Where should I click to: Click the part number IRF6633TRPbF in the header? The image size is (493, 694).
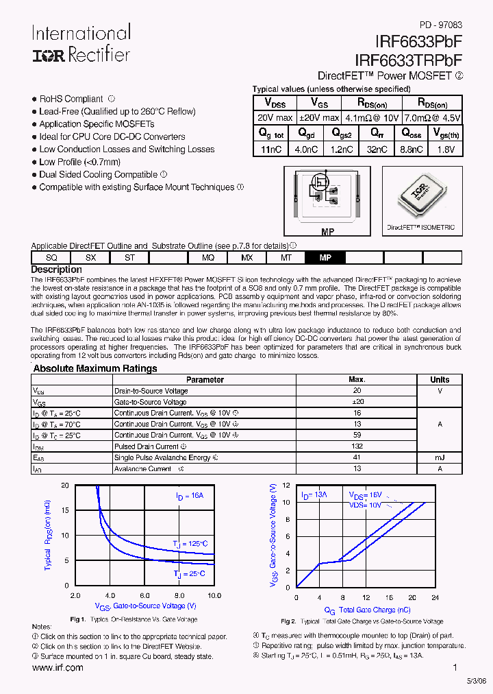408,60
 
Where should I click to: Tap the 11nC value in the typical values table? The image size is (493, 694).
271,149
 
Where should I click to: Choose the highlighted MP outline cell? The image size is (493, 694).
326,257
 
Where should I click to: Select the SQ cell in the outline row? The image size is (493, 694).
51,257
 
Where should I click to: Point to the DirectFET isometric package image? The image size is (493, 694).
420,197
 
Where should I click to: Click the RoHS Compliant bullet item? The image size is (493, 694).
71,99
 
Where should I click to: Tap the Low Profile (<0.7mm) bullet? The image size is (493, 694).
79,162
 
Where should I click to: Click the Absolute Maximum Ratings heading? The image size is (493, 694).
95,368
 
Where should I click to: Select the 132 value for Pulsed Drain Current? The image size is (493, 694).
357,446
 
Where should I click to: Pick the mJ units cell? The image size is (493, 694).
440,457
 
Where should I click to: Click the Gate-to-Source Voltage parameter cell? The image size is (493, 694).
151,402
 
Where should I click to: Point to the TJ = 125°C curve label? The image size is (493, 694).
190,544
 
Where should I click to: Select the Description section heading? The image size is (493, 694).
56,270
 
